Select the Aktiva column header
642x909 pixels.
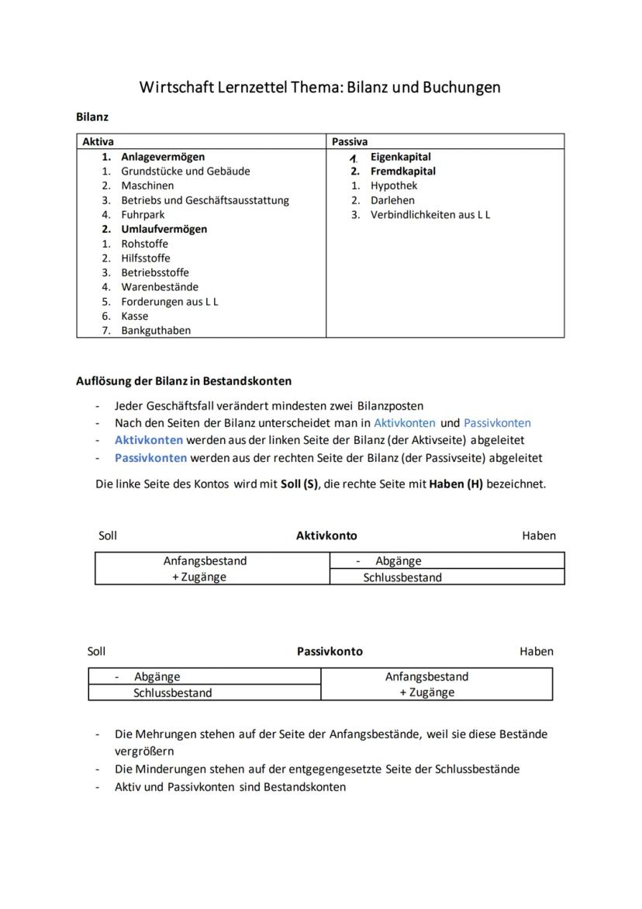[x=98, y=141]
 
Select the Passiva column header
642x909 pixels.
[x=350, y=141]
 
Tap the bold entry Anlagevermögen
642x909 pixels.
[x=163, y=157]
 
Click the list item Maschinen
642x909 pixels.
[x=147, y=186]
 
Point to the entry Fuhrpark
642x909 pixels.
[x=143, y=214]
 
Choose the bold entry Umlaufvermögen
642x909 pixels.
[x=164, y=229]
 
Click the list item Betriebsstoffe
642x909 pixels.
[x=154, y=272]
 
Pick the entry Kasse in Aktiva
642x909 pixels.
[x=134, y=316]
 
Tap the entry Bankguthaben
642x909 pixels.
[x=155, y=330]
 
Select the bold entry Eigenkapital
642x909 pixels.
[x=400, y=157]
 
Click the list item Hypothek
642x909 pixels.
[x=393, y=186]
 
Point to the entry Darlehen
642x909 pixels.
[x=392, y=200]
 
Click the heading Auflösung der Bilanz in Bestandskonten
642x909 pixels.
[x=184, y=381]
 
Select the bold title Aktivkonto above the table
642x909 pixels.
[x=326, y=536]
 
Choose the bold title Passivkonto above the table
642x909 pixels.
[x=330, y=651]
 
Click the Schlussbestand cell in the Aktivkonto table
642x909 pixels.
[x=402, y=578]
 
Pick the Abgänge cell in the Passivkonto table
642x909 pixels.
[x=157, y=677]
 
